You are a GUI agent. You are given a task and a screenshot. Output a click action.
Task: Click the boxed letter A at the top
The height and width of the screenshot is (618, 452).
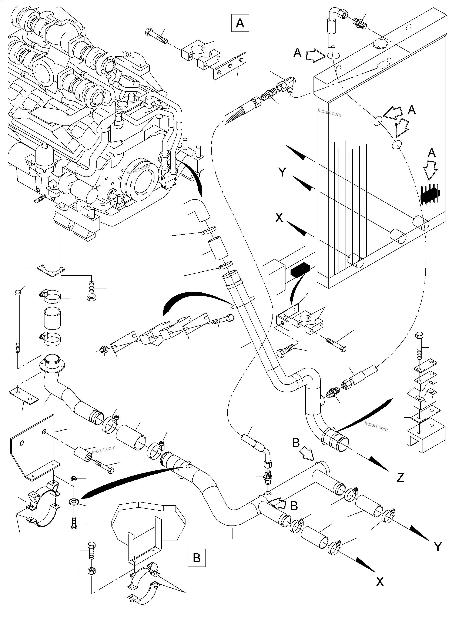point(240,23)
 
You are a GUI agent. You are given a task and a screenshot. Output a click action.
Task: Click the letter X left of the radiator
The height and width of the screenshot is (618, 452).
point(279,218)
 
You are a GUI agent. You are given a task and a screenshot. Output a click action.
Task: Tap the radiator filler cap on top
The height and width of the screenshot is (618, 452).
point(380,44)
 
